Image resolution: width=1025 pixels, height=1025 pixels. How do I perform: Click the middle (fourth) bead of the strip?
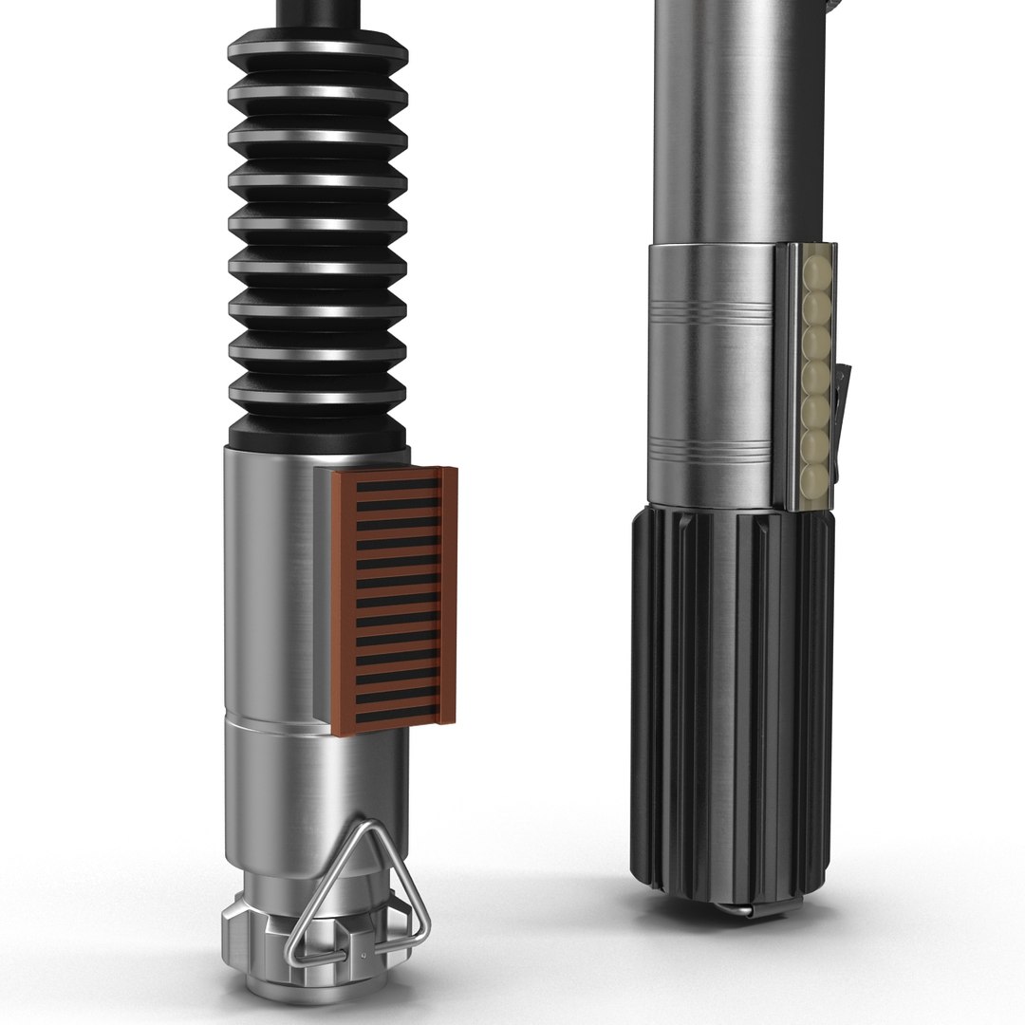pos(814,365)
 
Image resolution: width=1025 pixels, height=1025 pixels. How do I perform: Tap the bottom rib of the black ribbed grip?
pos(316,399)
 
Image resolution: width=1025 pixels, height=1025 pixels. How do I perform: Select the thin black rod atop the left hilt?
pos(316,13)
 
